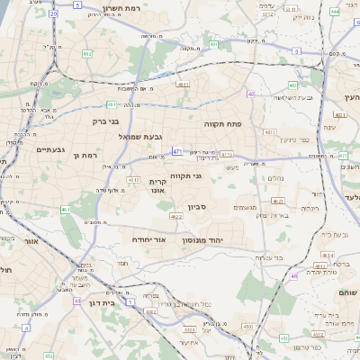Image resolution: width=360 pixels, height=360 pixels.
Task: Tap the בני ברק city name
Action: tap(106, 120)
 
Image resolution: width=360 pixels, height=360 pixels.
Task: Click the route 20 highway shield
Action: tap(54, 15)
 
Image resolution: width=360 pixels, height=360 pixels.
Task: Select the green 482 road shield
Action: tap(87, 54)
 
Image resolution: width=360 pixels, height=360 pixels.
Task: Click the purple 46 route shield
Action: tap(251, 94)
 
